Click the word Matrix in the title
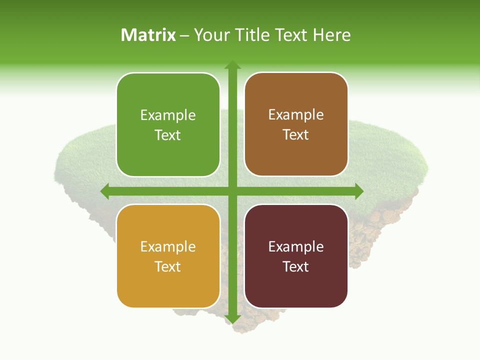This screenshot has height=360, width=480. click(x=148, y=35)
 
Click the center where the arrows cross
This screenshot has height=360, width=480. click(x=232, y=191)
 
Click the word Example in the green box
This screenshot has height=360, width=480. click(x=168, y=115)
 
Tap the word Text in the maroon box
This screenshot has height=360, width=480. click(x=296, y=266)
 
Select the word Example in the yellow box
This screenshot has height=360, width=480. click(x=168, y=247)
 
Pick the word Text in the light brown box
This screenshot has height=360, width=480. click(x=296, y=134)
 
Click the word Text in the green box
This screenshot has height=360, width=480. click(x=168, y=135)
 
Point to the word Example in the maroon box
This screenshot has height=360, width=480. click(x=296, y=247)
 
